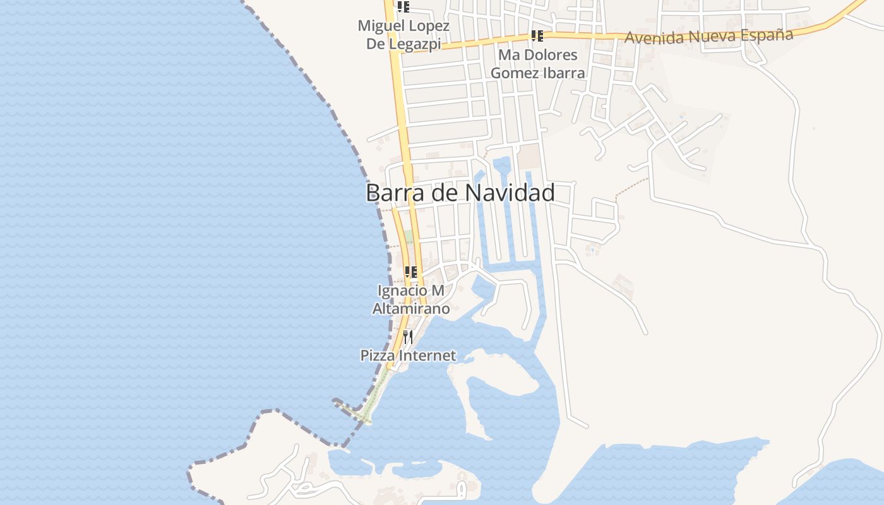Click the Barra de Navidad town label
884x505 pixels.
click(460, 193)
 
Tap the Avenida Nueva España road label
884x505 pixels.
click(708, 36)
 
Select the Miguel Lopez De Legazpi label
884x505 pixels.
click(403, 35)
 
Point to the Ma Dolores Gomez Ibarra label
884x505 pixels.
click(537, 64)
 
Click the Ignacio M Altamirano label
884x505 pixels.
click(410, 300)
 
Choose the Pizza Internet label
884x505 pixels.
click(408, 355)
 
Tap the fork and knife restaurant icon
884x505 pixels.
click(408, 337)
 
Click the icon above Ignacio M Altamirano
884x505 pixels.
click(411, 272)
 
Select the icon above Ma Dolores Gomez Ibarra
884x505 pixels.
click(537, 36)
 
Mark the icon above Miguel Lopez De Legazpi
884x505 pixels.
click(403, 7)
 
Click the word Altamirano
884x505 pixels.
click(410, 309)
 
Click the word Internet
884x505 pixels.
click(426, 355)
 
